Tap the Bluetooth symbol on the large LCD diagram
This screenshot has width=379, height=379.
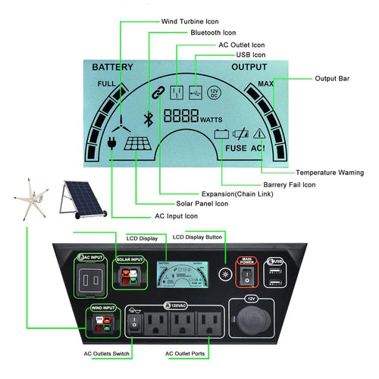[149, 119]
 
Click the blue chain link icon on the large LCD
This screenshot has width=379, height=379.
[158, 92]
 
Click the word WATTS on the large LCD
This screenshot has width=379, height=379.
[211, 121]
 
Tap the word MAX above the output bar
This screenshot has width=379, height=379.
[265, 84]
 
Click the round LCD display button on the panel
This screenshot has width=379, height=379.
[224, 274]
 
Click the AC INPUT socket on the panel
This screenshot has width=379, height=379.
[91, 278]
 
